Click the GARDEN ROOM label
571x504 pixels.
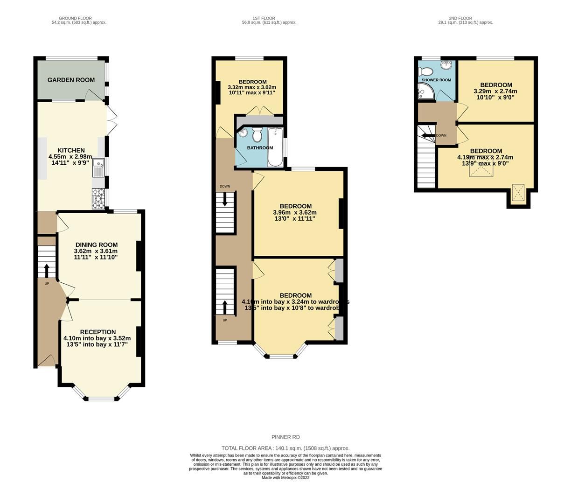[x=71, y=80]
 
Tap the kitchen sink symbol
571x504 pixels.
[x=98, y=168]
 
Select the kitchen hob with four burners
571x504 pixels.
[x=98, y=198]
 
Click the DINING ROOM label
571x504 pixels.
[x=97, y=245]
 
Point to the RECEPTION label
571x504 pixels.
[x=97, y=332]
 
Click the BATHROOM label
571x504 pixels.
[x=260, y=148]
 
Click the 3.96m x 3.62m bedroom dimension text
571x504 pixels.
[x=295, y=212]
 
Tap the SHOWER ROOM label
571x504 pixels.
[x=436, y=80]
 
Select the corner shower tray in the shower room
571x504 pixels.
[x=425, y=94]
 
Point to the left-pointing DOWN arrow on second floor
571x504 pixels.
[x=427, y=135]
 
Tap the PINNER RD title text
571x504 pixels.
[x=285, y=437]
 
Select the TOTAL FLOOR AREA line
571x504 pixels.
[x=285, y=448]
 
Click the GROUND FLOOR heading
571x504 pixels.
[x=78, y=18]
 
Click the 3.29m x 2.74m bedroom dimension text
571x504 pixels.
[x=495, y=91]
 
